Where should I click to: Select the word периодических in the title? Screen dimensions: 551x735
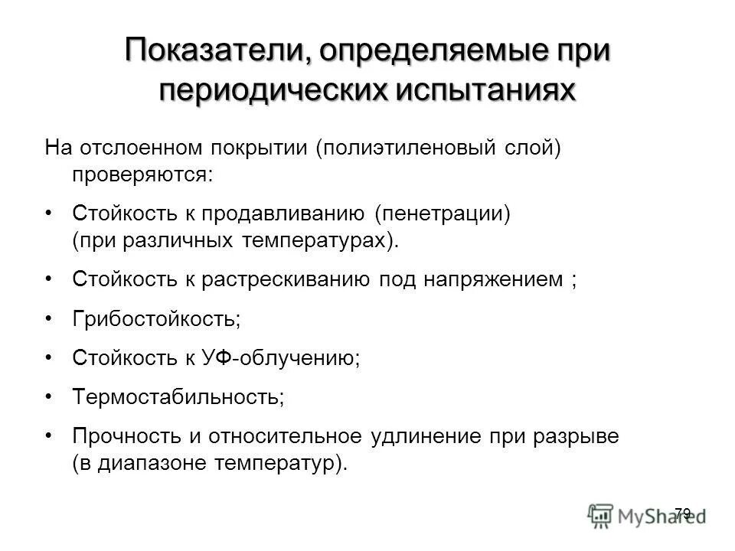(x=272, y=90)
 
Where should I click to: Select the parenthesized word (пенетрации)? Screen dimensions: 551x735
(x=443, y=212)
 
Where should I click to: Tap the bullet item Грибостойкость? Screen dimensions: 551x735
(x=156, y=318)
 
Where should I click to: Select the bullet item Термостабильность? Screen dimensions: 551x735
(x=178, y=396)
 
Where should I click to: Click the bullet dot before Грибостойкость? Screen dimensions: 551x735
(x=50, y=316)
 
